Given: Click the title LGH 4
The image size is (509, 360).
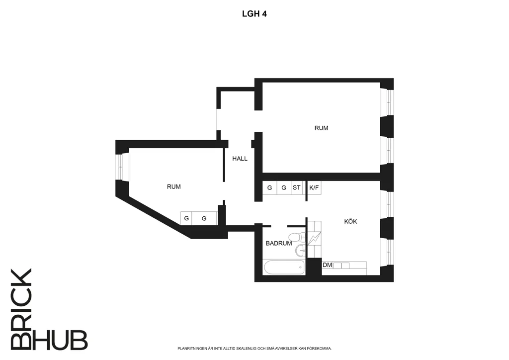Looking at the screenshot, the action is (254, 14).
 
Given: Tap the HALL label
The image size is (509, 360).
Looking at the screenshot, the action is (240, 159).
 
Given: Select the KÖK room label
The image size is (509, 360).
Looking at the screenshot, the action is (350, 221).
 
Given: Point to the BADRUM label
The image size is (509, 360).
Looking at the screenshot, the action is (279, 243).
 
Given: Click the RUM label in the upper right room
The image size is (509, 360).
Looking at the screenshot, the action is (322, 128).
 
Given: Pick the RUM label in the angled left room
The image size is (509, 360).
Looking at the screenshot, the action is (173, 186).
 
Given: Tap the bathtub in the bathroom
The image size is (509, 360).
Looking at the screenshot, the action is (285, 268).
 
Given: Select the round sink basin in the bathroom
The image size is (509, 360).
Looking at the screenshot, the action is (301, 250).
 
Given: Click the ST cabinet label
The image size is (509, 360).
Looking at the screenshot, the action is (296, 187).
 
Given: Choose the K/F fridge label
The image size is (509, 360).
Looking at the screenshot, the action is (314, 187).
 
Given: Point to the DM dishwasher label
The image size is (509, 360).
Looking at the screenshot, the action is (327, 265).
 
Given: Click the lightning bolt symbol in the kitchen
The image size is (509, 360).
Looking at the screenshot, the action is (314, 239).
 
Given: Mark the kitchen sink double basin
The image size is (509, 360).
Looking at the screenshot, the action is (341, 266).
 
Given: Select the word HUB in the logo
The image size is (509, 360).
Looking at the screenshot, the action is (60, 340).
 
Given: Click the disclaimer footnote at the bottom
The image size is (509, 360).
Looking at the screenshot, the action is (254, 349).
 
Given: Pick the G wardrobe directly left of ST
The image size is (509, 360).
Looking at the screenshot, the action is (284, 187).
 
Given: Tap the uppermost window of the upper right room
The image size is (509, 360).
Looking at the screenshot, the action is (387, 102).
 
